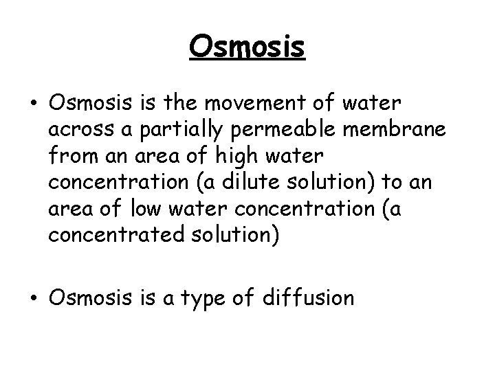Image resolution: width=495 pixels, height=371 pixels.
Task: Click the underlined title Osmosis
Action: tap(247, 47)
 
